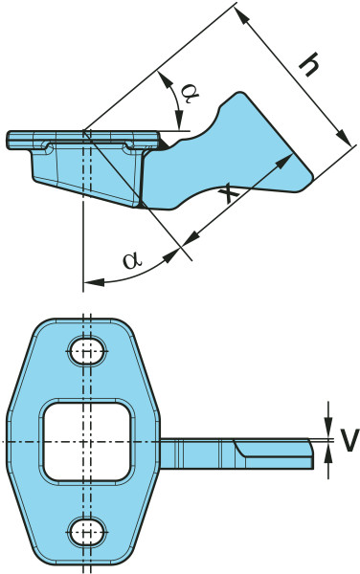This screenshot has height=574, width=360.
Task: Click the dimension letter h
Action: (x=308, y=64)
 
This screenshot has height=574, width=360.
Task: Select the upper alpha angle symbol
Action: (x=191, y=93)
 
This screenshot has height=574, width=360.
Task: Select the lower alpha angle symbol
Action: (x=131, y=260)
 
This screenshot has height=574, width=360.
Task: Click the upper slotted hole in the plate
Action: (x=87, y=351)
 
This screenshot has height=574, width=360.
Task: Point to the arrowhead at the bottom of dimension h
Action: (x=344, y=138)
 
